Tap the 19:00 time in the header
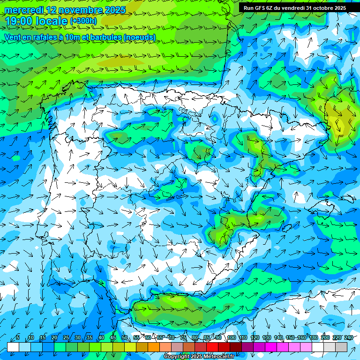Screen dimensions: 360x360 (x=19, y=21)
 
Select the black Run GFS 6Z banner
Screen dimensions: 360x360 (x=295, y=7)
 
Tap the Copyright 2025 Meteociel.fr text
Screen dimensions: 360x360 (x=199, y=357)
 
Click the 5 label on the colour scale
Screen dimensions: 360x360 (x=18, y=338)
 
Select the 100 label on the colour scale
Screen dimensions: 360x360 (x=232, y=338)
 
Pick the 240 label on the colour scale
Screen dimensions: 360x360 (x=349, y=338)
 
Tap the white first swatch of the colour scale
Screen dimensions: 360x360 (x=13, y=347)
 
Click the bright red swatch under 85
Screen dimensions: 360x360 (x=212, y=347)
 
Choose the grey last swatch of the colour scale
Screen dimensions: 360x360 (x=341, y=347)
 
